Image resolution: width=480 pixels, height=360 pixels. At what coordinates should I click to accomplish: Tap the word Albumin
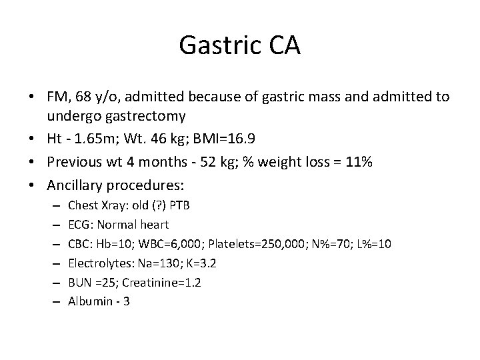point(90,301)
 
